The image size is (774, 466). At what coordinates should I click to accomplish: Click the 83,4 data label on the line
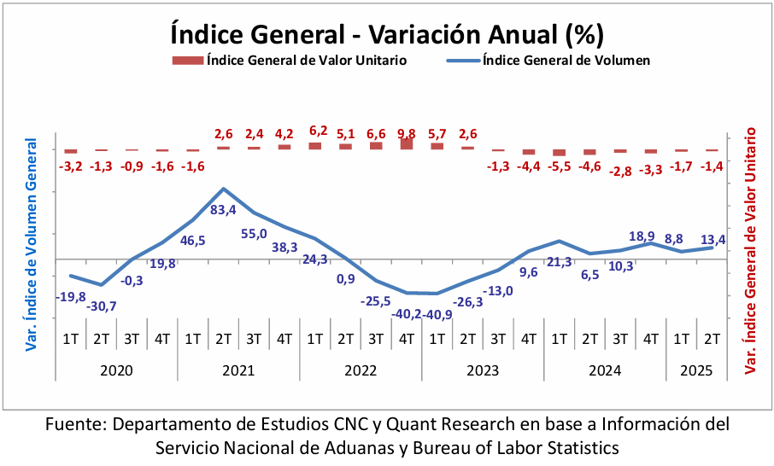[x=224, y=210]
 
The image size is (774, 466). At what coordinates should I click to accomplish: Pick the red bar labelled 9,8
[x=407, y=143]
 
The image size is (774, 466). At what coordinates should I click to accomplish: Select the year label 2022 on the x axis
[x=361, y=371]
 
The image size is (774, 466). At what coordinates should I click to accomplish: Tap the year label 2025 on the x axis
[x=696, y=371]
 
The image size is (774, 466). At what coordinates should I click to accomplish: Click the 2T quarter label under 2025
[x=712, y=339]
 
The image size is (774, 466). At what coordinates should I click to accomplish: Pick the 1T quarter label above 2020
[x=71, y=339]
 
